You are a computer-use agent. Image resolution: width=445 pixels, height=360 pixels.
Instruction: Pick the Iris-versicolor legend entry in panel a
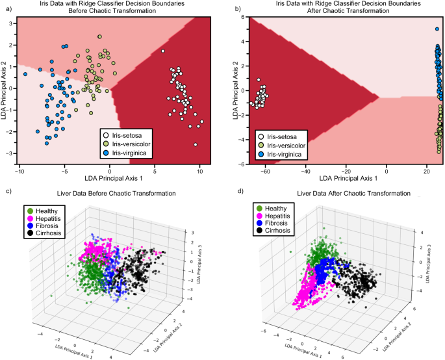pyautogui.click(x=130, y=143)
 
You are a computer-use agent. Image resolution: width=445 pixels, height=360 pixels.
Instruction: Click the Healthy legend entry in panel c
pyautogui.click(x=45, y=210)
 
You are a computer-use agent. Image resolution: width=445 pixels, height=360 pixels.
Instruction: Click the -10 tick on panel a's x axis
pyautogui.click(x=19, y=172)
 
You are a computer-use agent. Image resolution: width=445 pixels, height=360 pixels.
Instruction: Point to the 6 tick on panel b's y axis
pyautogui.click(x=238, y=18)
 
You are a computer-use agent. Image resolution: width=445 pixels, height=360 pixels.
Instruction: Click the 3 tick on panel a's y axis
pyautogui.click(x=12, y=23)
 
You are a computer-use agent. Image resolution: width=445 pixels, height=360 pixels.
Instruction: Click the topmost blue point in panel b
pyautogui.click(x=437, y=29)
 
